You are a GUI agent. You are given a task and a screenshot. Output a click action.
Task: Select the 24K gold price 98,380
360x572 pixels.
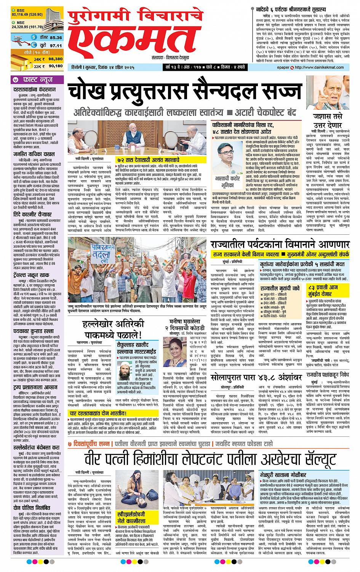click(x=55, y=59)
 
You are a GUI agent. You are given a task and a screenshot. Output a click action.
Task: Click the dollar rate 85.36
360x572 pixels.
click(x=55, y=37)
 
